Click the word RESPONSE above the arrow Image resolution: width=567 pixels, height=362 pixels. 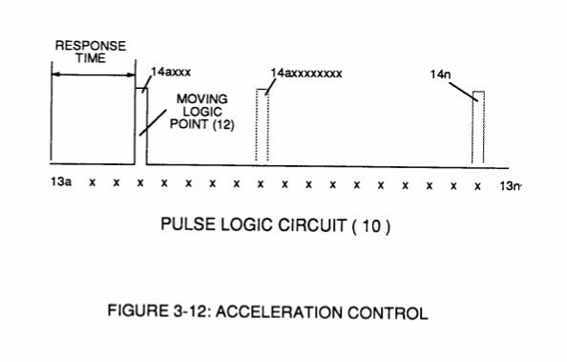(x=91, y=46)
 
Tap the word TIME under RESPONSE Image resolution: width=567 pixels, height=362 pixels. (x=91, y=58)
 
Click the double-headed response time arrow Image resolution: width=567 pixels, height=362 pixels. (x=94, y=75)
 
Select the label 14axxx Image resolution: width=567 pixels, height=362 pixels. (x=171, y=72)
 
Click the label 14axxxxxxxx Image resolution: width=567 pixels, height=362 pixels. (x=305, y=74)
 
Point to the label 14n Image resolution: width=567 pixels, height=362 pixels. (x=440, y=75)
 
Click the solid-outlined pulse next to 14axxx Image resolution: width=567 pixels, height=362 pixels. (x=141, y=125)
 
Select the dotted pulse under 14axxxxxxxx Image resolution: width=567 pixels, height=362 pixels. (x=262, y=125)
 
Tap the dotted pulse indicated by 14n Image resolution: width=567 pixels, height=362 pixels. (x=478, y=127)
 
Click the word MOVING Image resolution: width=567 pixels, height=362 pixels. (x=201, y=98)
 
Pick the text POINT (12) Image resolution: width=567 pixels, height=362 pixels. (x=202, y=124)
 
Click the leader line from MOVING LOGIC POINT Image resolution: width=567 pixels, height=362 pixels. (x=153, y=122)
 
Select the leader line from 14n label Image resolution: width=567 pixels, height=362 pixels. (x=464, y=92)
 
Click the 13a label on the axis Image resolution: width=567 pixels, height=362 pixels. (x=61, y=181)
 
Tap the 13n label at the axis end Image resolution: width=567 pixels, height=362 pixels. (x=511, y=186)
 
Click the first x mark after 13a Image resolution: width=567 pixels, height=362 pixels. (x=93, y=182)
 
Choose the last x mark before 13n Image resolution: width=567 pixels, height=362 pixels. (x=477, y=186)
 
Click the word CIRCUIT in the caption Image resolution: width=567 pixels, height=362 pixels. (x=312, y=225)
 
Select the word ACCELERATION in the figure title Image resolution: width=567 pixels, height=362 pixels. (x=279, y=312)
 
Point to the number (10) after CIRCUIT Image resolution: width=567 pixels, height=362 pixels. (x=371, y=226)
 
